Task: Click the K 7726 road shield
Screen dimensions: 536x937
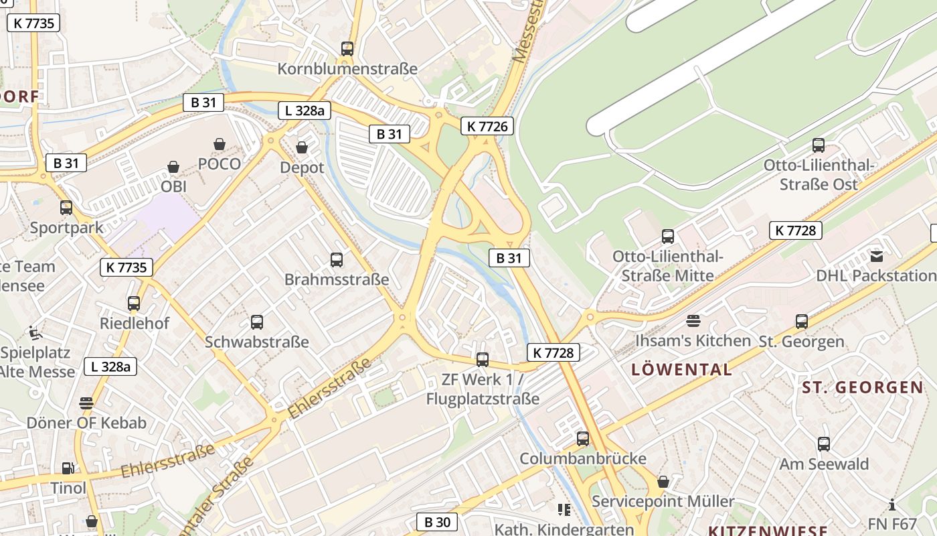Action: (x=487, y=126)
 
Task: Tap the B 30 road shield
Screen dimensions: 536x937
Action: (x=437, y=522)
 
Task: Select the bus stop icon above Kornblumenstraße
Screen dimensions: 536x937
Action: (x=347, y=49)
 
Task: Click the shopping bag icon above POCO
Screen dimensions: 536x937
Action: (x=219, y=144)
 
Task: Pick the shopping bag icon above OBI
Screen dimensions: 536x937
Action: (x=173, y=167)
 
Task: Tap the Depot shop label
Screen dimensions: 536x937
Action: (x=302, y=167)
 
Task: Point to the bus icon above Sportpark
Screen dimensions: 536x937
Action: (x=66, y=208)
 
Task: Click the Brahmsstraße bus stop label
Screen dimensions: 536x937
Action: (x=337, y=279)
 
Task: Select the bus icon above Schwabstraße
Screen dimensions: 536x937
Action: (x=256, y=322)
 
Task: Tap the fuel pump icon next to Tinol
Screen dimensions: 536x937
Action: (x=68, y=468)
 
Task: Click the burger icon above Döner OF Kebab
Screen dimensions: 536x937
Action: (x=86, y=403)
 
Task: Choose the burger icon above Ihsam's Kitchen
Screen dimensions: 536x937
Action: (x=693, y=321)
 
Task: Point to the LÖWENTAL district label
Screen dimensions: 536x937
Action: (x=681, y=369)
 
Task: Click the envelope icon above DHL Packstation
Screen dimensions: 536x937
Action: (x=877, y=256)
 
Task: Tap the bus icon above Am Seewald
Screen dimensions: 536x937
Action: (x=823, y=444)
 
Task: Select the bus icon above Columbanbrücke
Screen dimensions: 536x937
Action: (x=583, y=439)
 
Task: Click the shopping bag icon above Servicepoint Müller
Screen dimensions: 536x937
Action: (x=663, y=482)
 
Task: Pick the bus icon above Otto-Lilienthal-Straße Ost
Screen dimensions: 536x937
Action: (x=818, y=145)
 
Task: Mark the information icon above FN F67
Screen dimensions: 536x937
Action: (x=891, y=505)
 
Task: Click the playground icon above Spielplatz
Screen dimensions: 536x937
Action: (x=34, y=332)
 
